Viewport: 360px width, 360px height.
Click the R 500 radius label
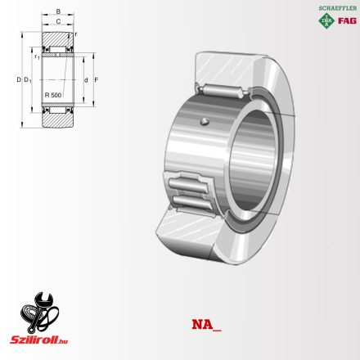pos(52,96)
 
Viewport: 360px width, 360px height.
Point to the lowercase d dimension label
pos(85,79)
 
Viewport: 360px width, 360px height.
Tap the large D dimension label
pos(17,79)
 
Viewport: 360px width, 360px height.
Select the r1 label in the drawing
pos(38,57)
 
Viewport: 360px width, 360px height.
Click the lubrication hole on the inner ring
pos(204,124)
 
